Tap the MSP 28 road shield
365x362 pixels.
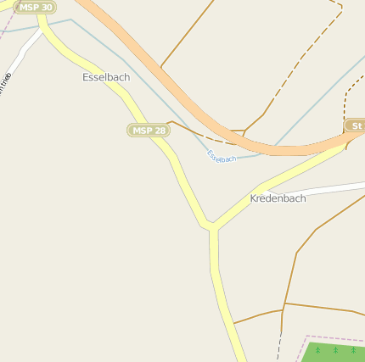[149, 130]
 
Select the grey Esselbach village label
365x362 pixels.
[106, 77]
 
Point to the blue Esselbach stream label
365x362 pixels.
[222, 156]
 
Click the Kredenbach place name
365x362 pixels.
[278, 198]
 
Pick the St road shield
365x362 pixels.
[356, 126]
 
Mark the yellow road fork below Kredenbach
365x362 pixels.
[212, 226]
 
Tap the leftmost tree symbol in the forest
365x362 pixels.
[317, 349]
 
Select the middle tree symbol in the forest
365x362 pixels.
[335, 349]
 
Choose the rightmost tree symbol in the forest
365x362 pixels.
[352, 349]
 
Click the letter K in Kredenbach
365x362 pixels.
[254, 198]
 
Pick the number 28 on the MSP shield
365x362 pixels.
[159, 130]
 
